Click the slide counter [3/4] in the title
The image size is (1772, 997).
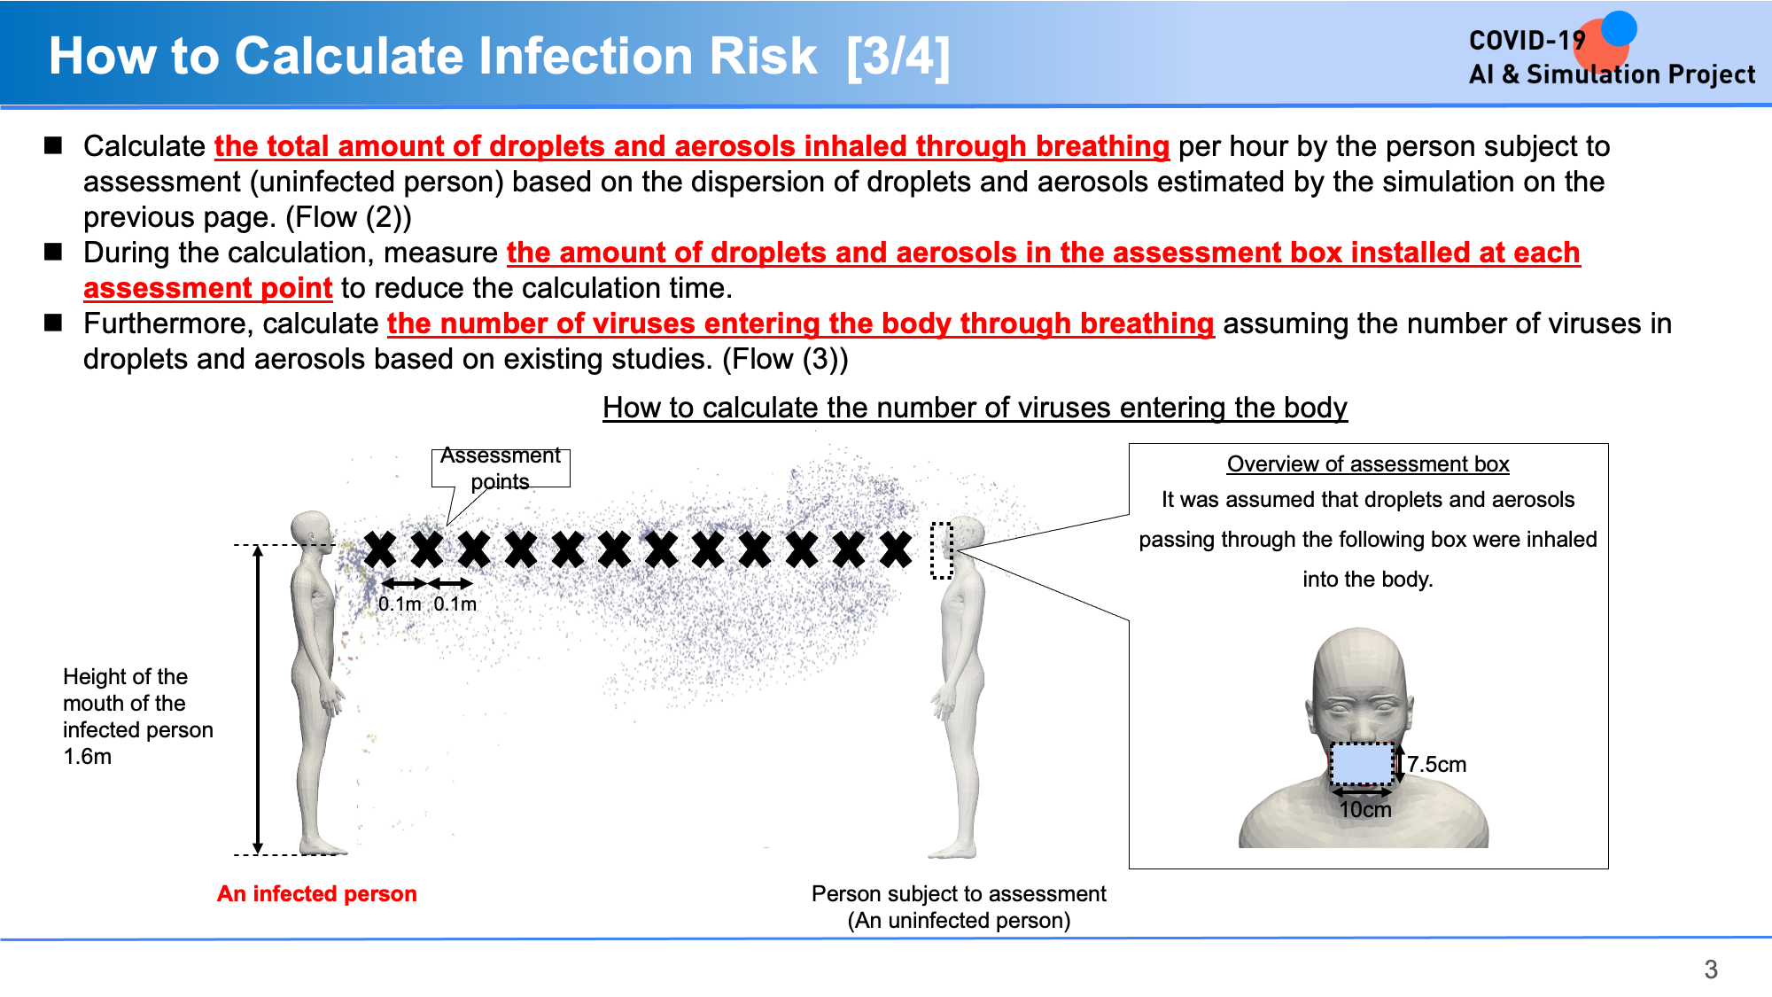898,57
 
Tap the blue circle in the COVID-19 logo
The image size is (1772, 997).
1619,28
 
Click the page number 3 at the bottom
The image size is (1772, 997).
1711,970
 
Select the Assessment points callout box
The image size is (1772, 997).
501,468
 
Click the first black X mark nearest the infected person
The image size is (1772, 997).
380,549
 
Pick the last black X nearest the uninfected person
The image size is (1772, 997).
896,549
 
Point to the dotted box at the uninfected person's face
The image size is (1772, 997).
942,550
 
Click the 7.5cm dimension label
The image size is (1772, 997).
1436,764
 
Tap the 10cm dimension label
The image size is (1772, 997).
1365,810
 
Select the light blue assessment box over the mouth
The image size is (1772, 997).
1363,764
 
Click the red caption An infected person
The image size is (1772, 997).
317,893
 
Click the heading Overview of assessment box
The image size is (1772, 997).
1368,464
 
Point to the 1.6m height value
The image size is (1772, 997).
88,757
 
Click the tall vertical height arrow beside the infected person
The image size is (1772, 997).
258,700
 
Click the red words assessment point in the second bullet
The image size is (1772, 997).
208,288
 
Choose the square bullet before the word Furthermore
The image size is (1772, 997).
53,323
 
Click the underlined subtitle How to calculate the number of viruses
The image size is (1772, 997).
975,408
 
